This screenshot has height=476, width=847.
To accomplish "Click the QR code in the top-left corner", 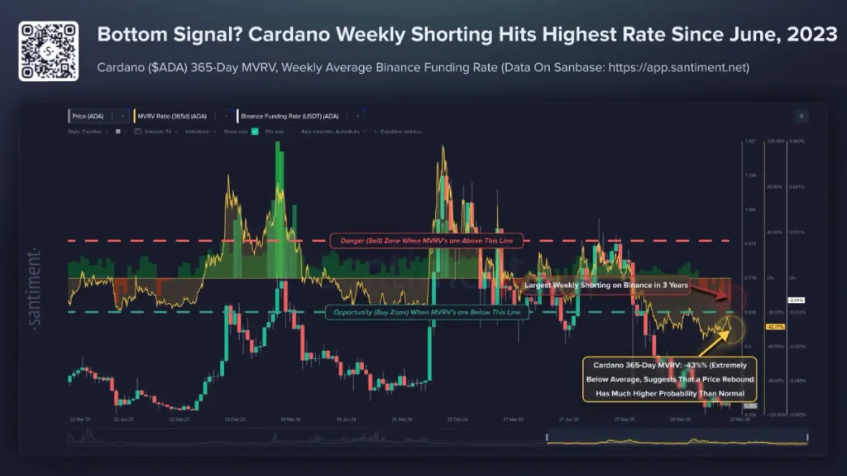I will point(48,50).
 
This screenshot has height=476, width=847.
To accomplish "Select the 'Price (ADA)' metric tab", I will point(89,117).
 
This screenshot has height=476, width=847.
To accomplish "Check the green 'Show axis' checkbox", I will point(255,131).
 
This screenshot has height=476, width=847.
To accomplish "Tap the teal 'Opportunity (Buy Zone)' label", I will point(422,312).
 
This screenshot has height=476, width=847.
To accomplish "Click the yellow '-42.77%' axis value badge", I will point(775,327).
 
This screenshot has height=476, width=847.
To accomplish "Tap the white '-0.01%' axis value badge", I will point(797,300).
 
